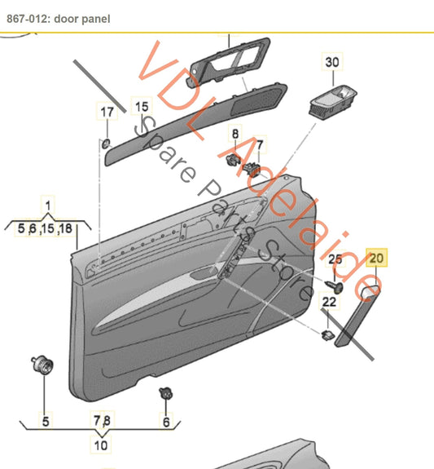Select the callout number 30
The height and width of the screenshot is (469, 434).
pos(332,62)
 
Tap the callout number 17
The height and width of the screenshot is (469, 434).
pos(107,112)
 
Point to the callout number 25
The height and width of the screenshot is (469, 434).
pos(335,259)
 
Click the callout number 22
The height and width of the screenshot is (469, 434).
pos(329,302)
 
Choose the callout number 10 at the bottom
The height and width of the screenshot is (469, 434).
pos(101,445)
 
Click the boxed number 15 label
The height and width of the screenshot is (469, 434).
pos(142,107)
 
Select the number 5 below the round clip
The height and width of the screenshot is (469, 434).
pos(46,421)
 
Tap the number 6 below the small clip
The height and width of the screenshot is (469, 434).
pos(167,422)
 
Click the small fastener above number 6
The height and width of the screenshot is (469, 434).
pos(165,394)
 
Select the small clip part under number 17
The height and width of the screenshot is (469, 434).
pos(106,144)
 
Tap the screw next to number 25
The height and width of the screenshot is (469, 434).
pos(336,285)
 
